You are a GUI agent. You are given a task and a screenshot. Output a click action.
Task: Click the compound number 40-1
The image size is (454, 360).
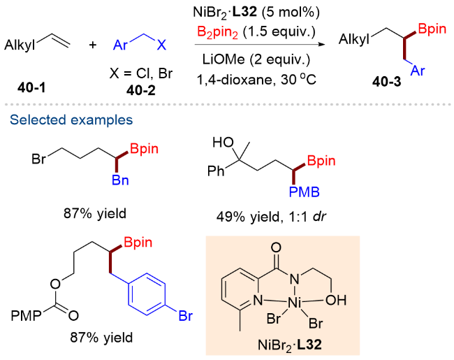31,87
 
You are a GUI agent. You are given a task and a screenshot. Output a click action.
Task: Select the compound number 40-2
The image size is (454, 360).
140,91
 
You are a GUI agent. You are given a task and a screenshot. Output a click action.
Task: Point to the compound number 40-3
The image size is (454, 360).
387,82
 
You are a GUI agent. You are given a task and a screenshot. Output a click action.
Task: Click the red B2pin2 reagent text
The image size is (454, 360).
217,32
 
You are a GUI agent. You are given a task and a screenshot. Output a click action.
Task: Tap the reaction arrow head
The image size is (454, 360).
321,45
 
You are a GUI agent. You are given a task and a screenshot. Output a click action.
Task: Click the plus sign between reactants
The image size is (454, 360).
93,45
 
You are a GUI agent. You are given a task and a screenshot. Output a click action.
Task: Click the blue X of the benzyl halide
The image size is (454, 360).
161,45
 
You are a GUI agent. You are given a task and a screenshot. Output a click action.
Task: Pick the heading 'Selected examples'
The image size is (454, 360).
71,120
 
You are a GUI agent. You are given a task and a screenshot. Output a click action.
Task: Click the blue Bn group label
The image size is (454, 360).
120,180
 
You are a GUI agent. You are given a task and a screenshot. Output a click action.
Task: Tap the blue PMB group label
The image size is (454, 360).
305,192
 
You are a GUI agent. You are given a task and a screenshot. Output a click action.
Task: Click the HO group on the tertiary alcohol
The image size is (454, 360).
223,143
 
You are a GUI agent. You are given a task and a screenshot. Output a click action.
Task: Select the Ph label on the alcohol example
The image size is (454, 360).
216,171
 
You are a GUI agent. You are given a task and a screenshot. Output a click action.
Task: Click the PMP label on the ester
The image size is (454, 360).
26,316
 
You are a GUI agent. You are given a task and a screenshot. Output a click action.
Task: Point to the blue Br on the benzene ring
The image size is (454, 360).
186,316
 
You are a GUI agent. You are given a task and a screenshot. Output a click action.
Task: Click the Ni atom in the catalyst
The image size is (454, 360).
295,303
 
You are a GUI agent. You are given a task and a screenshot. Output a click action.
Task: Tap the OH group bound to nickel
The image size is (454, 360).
336,301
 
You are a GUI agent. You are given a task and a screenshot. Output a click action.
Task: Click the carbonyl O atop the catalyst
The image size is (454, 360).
276,247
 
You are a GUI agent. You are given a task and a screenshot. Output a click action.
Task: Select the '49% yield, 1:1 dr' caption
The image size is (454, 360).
271,216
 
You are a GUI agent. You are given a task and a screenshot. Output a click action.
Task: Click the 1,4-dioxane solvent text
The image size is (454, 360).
235,80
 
